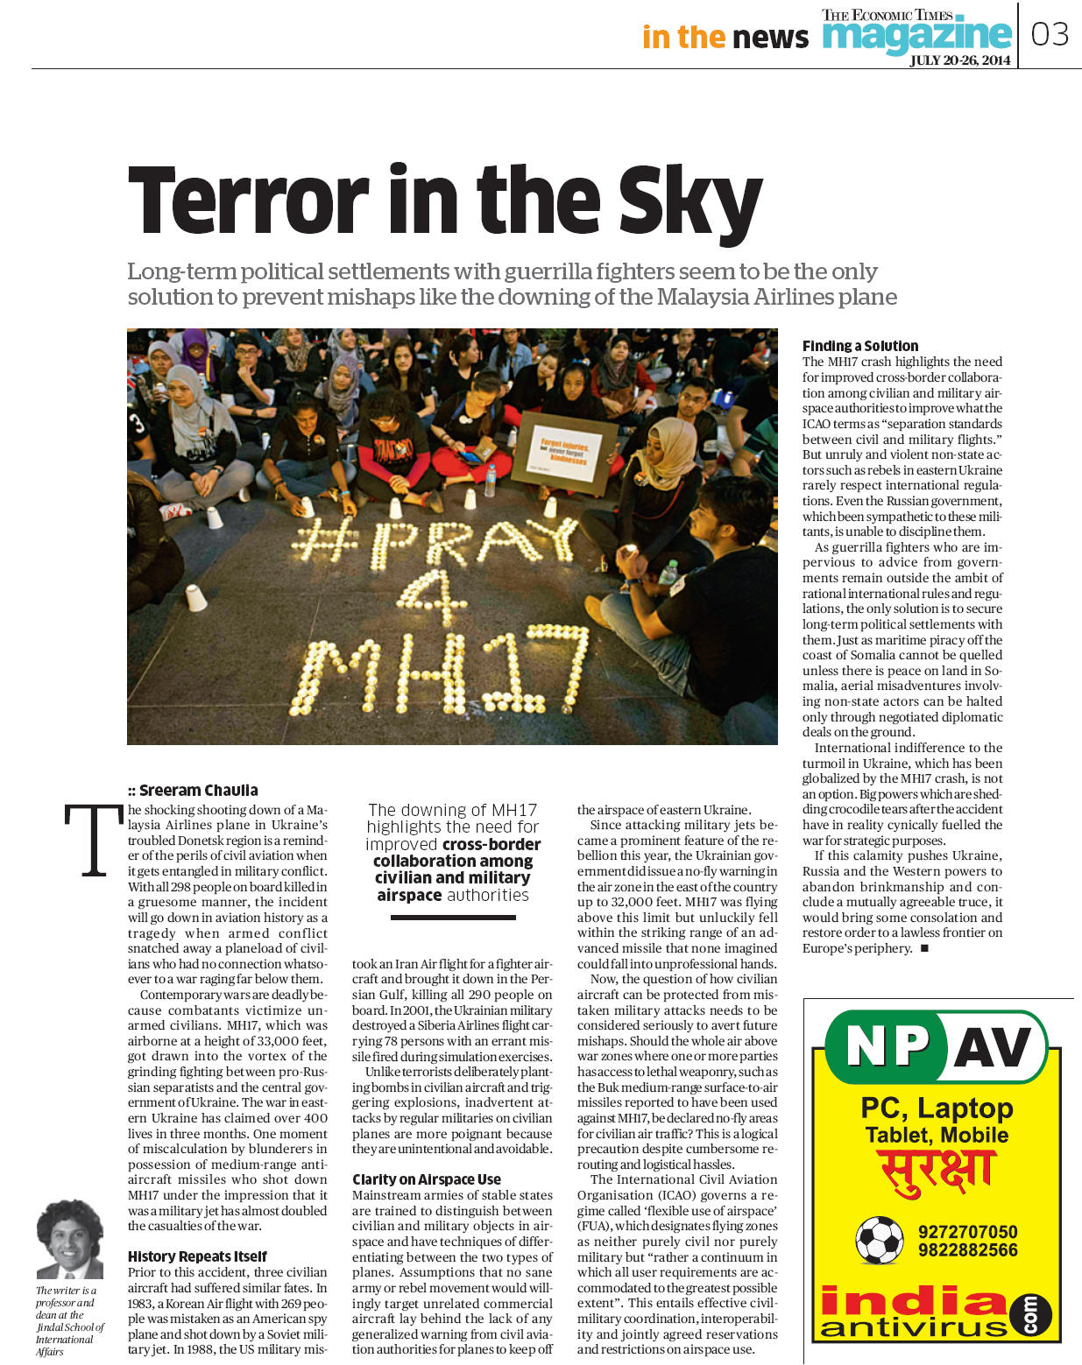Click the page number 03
click(x=1050, y=34)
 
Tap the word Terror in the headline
click(x=249, y=200)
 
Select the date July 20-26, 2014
click(x=959, y=60)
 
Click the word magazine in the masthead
click(x=916, y=35)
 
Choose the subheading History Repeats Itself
click(x=197, y=1256)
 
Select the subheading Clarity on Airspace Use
click(x=427, y=1179)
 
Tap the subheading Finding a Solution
click(x=860, y=346)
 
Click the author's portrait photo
click(x=69, y=1238)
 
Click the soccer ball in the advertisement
click(x=879, y=1240)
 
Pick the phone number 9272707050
click(x=967, y=1232)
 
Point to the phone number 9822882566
click(x=967, y=1250)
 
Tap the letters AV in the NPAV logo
click(x=992, y=1046)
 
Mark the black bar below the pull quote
click(x=452, y=918)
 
